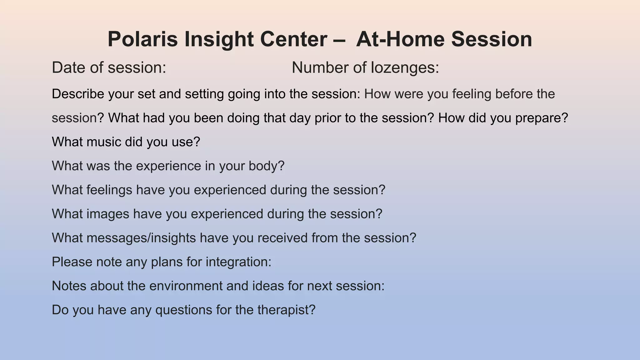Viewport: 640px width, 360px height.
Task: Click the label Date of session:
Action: [109, 67]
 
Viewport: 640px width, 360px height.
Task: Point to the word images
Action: [107, 214]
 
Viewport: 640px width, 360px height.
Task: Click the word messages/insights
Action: [141, 238]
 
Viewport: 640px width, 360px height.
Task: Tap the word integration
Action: [238, 262]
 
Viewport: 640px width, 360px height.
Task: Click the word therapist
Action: [286, 310]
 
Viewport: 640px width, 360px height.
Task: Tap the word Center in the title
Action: [293, 39]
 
